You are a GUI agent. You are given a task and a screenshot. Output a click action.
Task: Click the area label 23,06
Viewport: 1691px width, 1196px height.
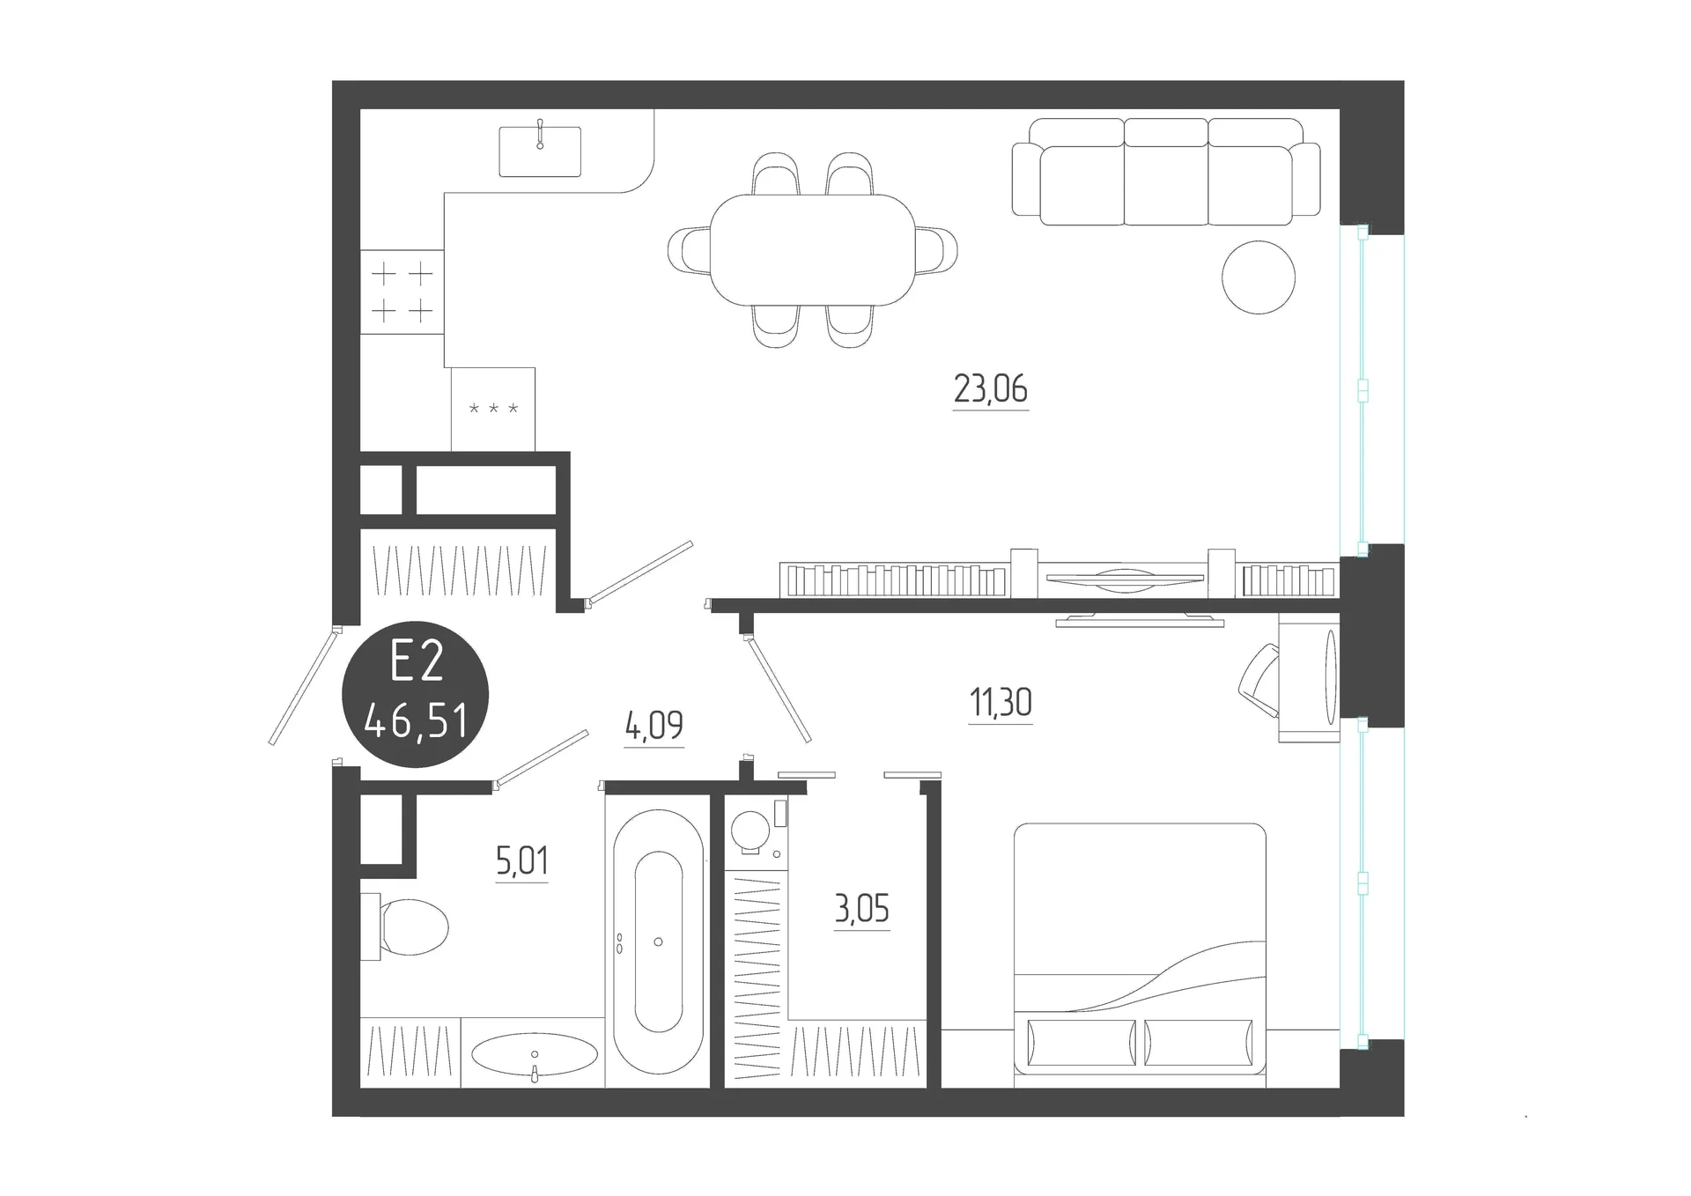click(x=991, y=388)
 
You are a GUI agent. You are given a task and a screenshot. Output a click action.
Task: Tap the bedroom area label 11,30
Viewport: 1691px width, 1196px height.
click(x=1001, y=703)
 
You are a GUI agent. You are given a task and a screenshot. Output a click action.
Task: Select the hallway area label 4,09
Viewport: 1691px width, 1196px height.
click(x=654, y=726)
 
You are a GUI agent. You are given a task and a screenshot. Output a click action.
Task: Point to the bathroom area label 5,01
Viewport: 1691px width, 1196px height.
click(x=522, y=860)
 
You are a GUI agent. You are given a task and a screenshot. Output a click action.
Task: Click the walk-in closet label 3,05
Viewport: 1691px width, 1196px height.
click(x=862, y=908)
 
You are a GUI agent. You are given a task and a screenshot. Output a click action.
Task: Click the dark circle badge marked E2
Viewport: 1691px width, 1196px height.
click(x=416, y=694)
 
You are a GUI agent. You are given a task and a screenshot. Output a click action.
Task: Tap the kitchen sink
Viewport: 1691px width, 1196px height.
click(x=540, y=151)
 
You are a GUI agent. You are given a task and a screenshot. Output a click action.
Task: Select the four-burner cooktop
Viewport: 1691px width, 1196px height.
click(x=402, y=292)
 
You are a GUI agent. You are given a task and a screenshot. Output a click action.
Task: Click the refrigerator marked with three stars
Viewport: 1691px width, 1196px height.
click(x=493, y=410)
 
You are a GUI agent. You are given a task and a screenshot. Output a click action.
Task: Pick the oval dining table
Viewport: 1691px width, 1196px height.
click(x=812, y=249)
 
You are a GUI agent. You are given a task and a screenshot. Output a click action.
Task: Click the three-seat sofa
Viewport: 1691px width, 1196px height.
click(x=1166, y=172)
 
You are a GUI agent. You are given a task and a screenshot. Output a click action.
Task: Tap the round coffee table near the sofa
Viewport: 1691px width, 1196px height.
click(x=1259, y=277)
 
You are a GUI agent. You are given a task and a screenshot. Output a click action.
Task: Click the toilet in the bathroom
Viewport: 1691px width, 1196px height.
click(x=404, y=927)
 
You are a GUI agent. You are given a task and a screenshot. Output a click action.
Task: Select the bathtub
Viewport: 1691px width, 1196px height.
click(x=658, y=942)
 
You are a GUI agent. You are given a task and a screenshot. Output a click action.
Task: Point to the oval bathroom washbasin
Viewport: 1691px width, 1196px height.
click(x=535, y=1053)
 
